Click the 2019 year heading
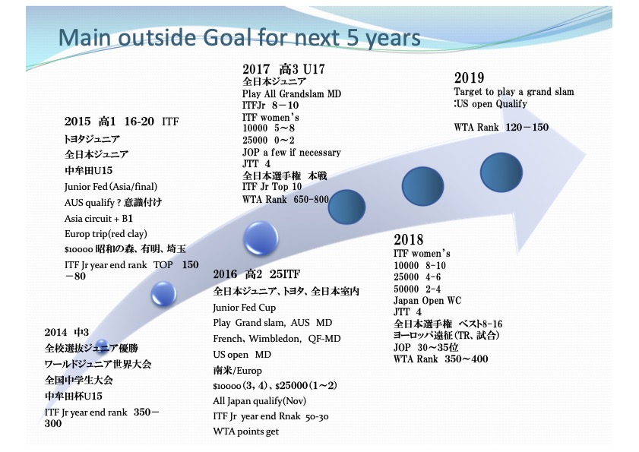[x=469, y=77]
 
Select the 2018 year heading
[x=408, y=239]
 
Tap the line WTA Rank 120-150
[x=501, y=127]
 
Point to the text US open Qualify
[x=492, y=104]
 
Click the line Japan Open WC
[x=427, y=301]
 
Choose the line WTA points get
[x=245, y=431]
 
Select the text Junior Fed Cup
[x=244, y=308]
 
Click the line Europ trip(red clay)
[x=106, y=234]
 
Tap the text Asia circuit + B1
[x=98, y=219]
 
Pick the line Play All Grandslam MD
[x=291, y=94]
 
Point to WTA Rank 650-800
[x=285, y=199]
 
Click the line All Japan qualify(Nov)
[x=259, y=401]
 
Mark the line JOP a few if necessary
[x=291, y=153]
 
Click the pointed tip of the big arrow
[x=585, y=154]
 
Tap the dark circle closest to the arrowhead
[x=501, y=172]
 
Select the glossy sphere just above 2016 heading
[x=261, y=238]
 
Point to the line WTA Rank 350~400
[x=441, y=359]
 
